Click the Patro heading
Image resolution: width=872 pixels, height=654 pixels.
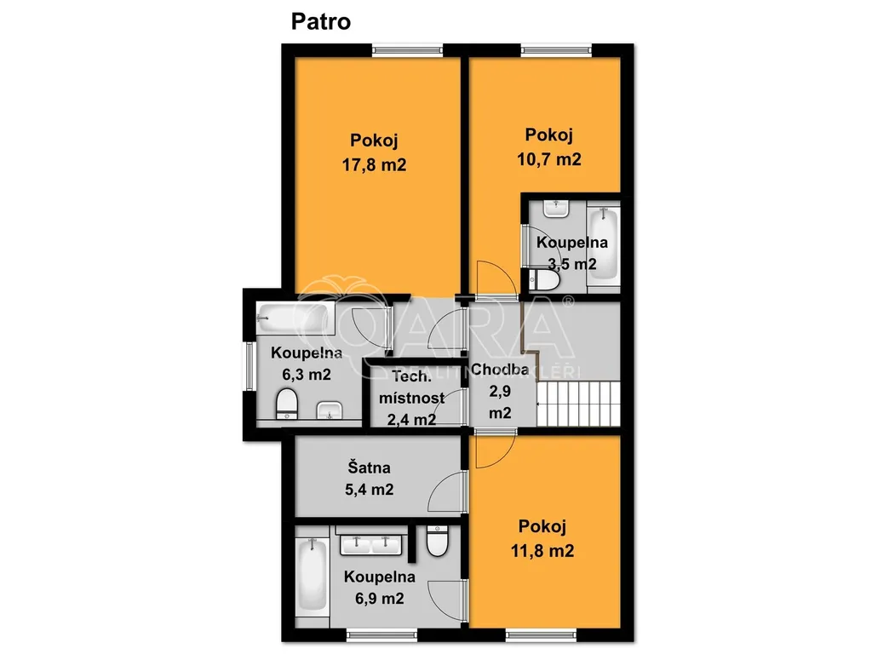[x=321, y=21]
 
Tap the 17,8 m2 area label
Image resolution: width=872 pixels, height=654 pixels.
[x=374, y=164]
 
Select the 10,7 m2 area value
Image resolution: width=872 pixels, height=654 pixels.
[x=549, y=159]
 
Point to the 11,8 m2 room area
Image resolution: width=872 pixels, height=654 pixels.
[x=542, y=551]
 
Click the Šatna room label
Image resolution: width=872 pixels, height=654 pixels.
[x=369, y=468]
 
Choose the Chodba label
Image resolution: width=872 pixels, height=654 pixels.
[x=499, y=370]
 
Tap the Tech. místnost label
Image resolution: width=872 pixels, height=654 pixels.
[x=411, y=387]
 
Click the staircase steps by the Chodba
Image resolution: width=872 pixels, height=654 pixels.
[x=578, y=403]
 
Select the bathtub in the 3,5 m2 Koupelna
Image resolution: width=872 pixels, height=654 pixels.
[x=603, y=244]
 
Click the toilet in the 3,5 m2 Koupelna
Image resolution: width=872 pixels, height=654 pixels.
[x=544, y=280]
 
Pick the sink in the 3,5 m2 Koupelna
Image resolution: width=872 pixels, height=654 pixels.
[x=555, y=209]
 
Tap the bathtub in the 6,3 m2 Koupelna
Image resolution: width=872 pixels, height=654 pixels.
[x=295, y=318]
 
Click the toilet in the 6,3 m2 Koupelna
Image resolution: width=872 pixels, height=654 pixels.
[x=287, y=403]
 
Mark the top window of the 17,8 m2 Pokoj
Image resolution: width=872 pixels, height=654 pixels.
[x=408, y=50]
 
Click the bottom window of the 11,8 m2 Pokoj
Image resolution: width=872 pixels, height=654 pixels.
[x=541, y=634]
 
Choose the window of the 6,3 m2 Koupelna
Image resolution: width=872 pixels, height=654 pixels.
[x=250, y=366]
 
